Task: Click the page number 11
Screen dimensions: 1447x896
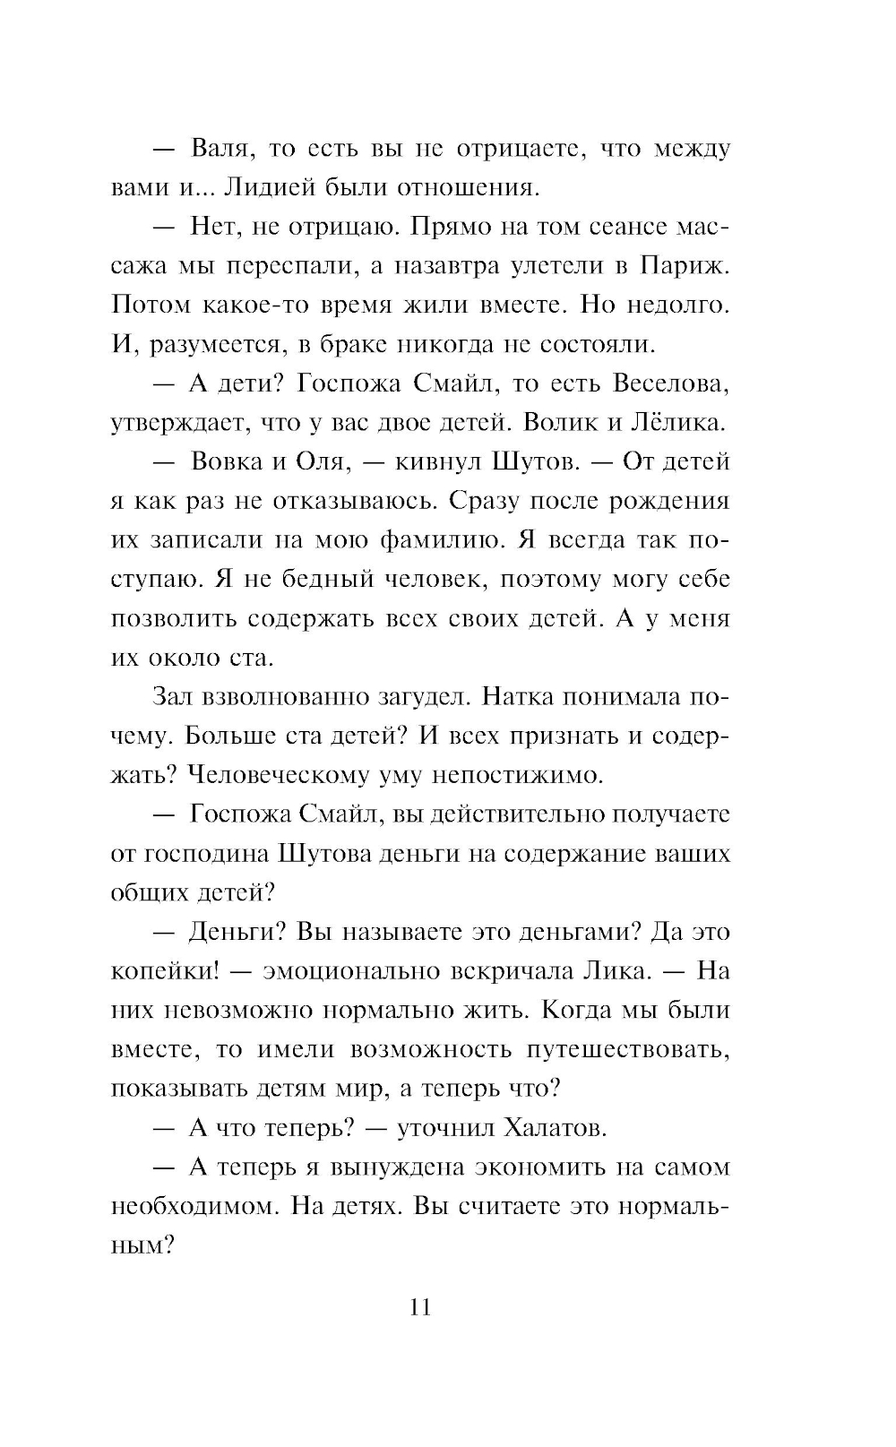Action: (420, 1307)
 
